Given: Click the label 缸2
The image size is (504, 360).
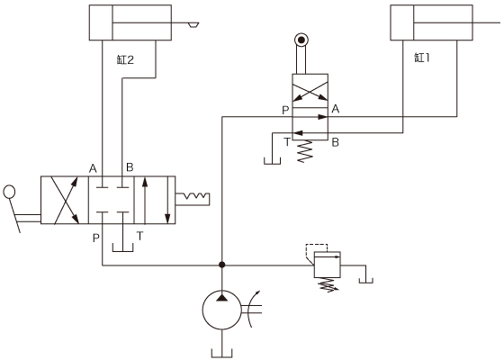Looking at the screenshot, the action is tap(125, 59).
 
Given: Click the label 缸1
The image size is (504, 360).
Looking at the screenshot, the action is tap(422, 58).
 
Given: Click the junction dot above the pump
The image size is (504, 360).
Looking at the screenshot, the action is tap(221, 265).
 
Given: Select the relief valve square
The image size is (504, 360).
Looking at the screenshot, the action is tap(328, 265).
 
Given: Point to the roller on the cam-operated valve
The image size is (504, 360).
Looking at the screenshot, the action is tap(301, 40).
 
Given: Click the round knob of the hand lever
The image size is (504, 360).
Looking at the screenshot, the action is tap(9, 192).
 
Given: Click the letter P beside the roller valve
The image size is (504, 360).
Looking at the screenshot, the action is tap(285, 110).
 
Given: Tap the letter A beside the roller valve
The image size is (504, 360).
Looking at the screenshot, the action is tap(335, 109).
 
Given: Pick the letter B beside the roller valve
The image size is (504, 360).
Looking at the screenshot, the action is tap(335, 142).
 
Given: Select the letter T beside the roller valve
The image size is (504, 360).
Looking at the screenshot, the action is tap(287, 142).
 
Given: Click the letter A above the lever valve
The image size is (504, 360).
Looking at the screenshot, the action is tap(93, 168).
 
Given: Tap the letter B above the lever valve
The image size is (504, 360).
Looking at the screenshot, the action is tap(130, 167).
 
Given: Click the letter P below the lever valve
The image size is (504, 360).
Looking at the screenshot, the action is tap(95, 238).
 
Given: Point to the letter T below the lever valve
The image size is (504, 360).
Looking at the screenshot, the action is tap(139, 236).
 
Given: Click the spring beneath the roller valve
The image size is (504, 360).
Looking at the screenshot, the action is tap(305, 151).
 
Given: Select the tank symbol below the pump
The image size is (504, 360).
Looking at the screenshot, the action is tap(221, 353).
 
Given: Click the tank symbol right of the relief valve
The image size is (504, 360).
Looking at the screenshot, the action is tap(366, 280).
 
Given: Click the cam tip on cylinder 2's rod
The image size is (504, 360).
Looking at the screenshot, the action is tap(193, 25).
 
